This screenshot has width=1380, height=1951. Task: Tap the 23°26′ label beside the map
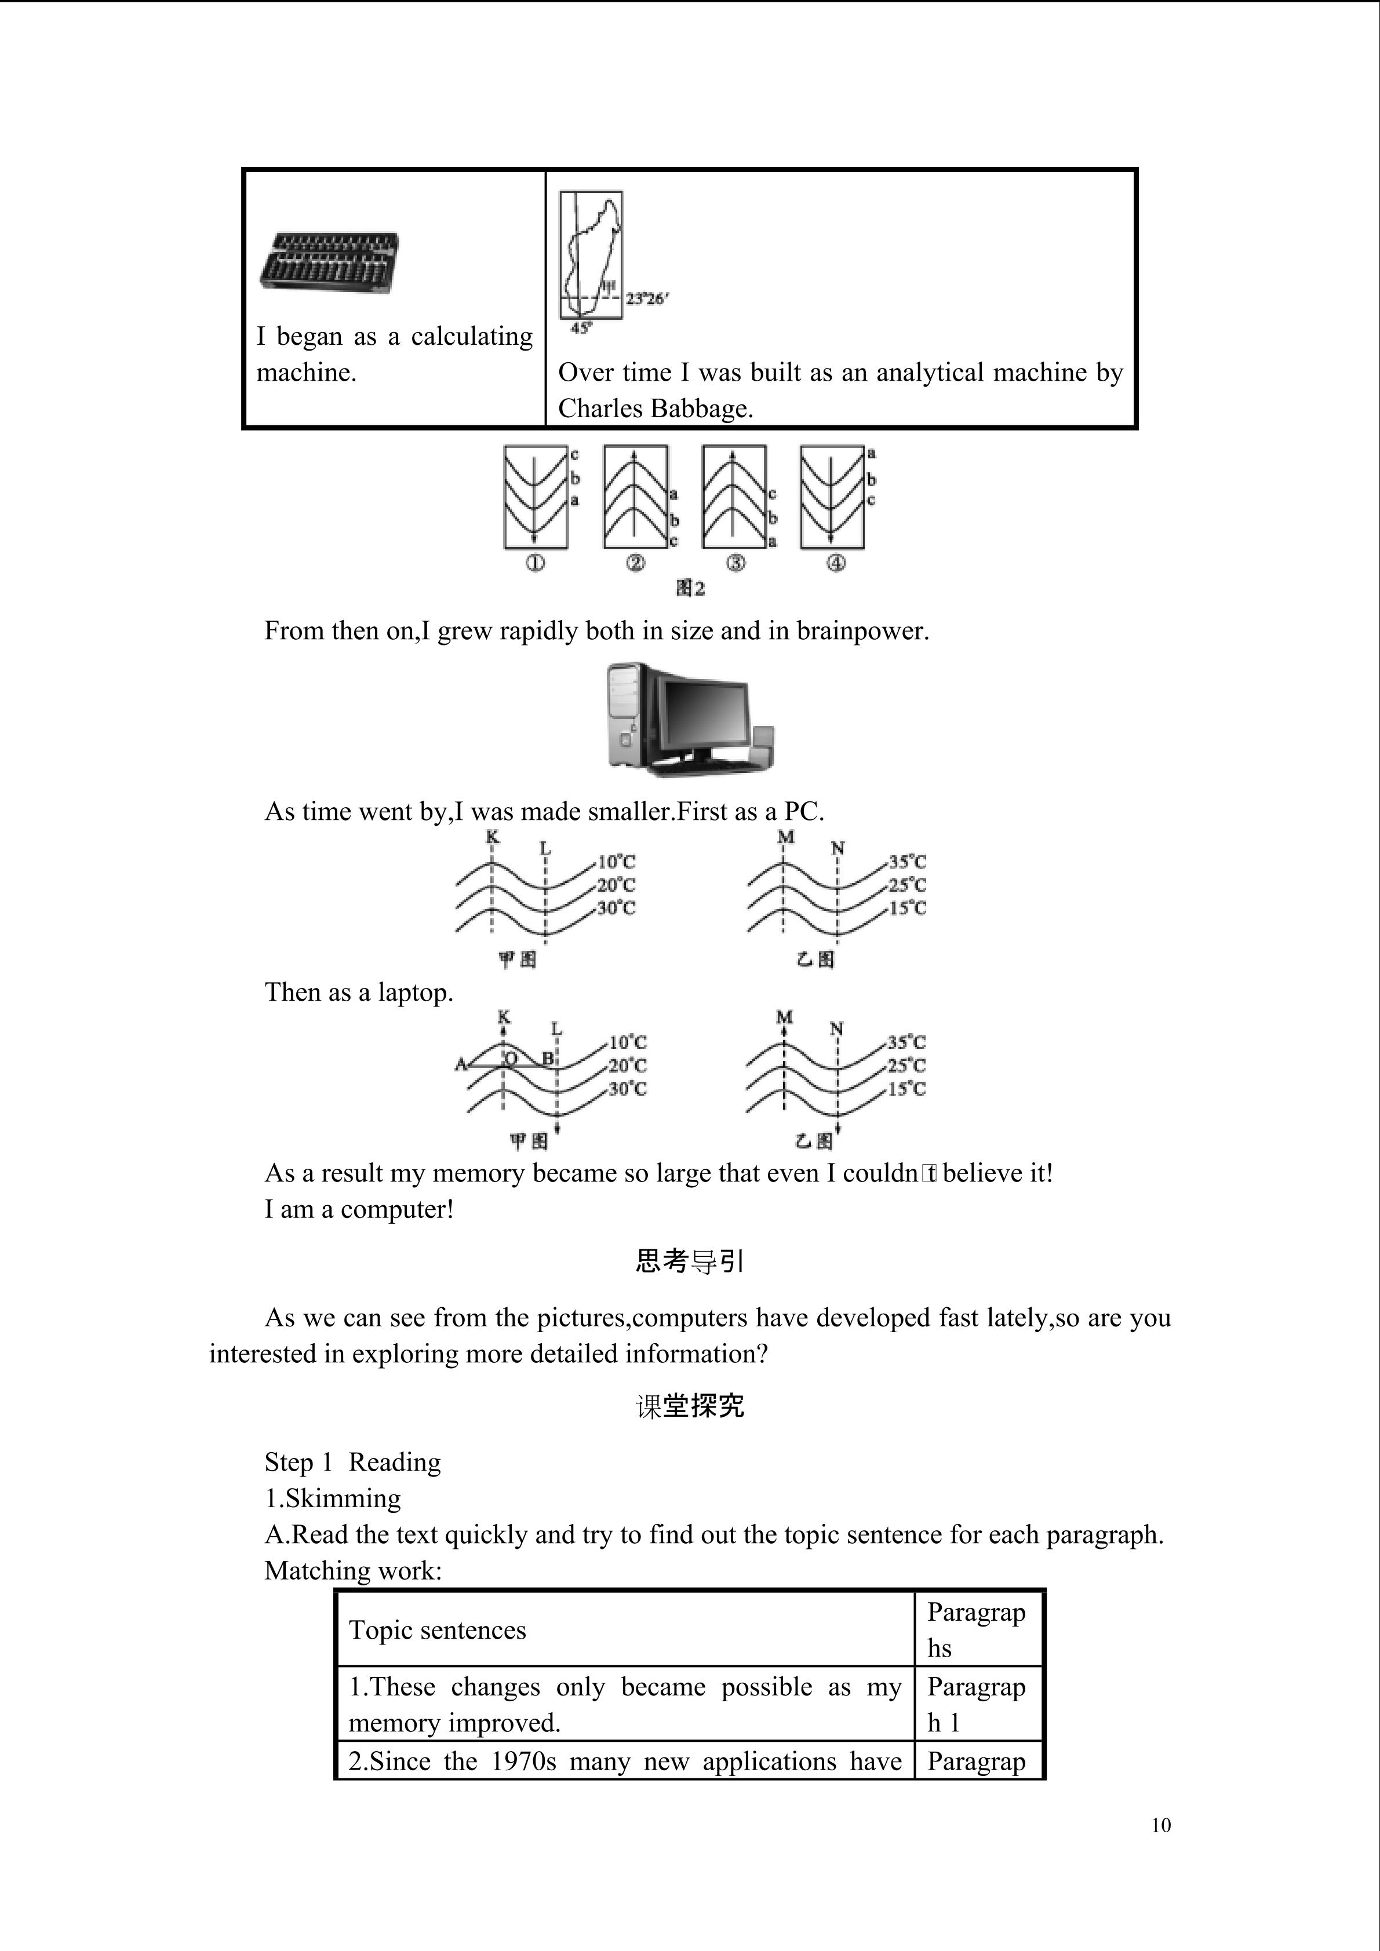tap(647, 299)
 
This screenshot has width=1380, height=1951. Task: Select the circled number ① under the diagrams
tap(534, 563)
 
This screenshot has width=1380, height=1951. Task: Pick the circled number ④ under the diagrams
tap(836, 563)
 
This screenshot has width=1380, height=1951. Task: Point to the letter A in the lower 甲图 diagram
tap(461, 1064)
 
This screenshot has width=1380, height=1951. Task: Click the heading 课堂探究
tap(689, 1406)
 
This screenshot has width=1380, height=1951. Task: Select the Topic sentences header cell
tap(438, 1630)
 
